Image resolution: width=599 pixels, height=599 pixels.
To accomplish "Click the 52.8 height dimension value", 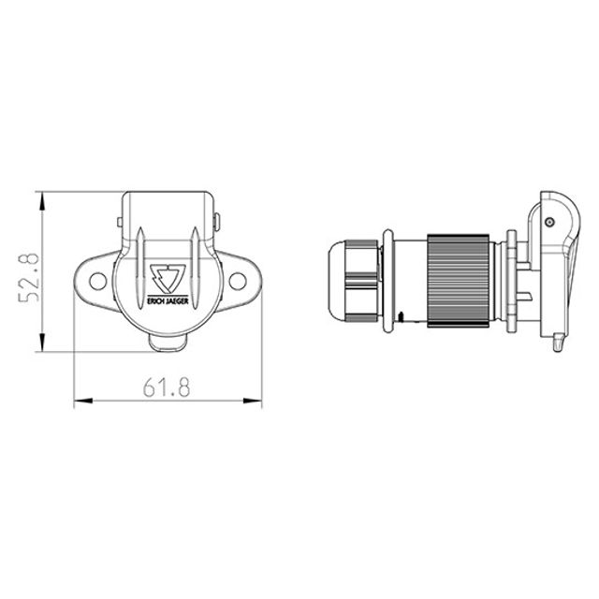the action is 29,277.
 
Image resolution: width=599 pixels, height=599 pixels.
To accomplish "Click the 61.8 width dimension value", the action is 167,387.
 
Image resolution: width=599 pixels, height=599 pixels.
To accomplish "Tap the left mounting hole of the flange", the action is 97,281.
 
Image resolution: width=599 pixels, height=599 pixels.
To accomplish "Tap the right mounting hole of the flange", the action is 237,281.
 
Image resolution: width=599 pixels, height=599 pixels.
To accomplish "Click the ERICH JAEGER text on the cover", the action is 168,301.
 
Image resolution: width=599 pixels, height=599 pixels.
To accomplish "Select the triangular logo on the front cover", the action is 168,278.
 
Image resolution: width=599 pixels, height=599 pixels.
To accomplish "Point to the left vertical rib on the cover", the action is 140,268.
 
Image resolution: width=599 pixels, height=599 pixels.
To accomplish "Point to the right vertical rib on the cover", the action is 196,268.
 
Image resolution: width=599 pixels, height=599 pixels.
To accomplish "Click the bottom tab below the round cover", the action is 168,343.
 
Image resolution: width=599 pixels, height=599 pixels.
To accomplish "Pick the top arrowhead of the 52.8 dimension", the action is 42,201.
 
